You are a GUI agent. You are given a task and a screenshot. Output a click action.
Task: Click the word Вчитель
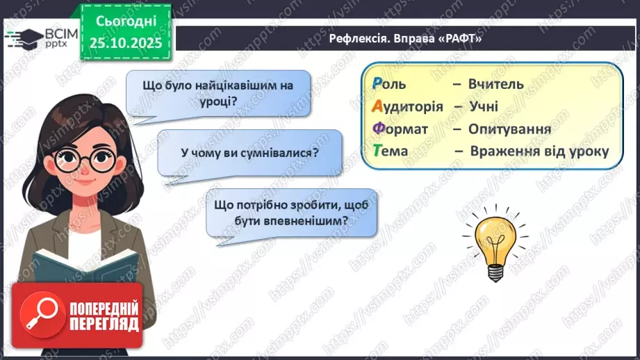496,84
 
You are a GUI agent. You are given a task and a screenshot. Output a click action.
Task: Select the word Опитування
509,129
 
